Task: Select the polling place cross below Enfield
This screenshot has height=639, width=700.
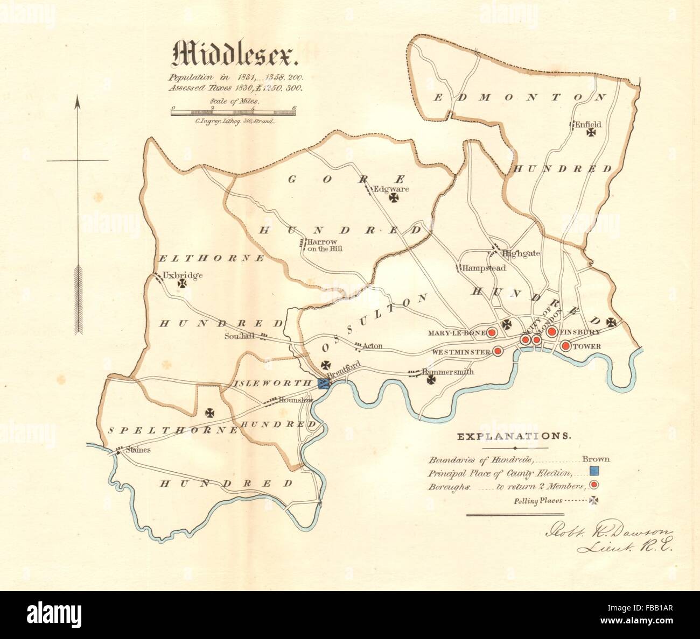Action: click(592, 131)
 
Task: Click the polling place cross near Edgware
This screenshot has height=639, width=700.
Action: click(394, 199)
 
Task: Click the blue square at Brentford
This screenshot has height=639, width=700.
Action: click(324, 383)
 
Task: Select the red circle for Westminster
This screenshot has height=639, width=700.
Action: click(498, 351)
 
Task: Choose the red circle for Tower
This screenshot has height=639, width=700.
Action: click(565, 346)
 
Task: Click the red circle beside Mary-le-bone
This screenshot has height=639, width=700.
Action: click(492, 333)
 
